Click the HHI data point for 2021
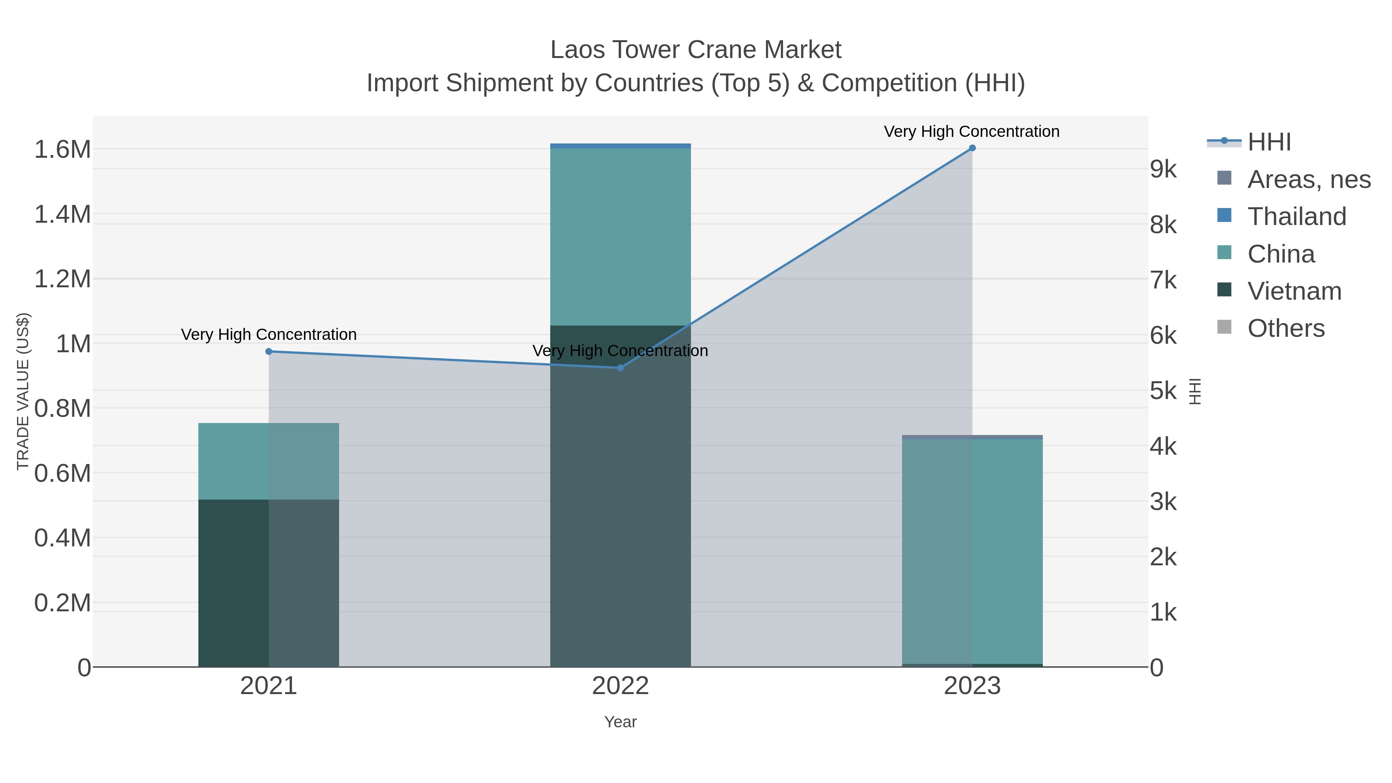[x=269, y=352]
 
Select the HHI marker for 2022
[x=620, y=368]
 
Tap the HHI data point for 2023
[x=972, y=148]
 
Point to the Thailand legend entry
[x=1296, y=217]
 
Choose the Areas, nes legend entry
[x=1308, y=179]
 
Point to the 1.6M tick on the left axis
[x=63, y=150]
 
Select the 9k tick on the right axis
[x=1163, y=170]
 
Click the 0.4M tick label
[x=63, y=538]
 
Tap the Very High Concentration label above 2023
[x=972, y=131]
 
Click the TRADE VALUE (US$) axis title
[x=23, y=391]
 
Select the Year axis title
[x=620, y=722]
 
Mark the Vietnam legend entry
[x=1294, y=291]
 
